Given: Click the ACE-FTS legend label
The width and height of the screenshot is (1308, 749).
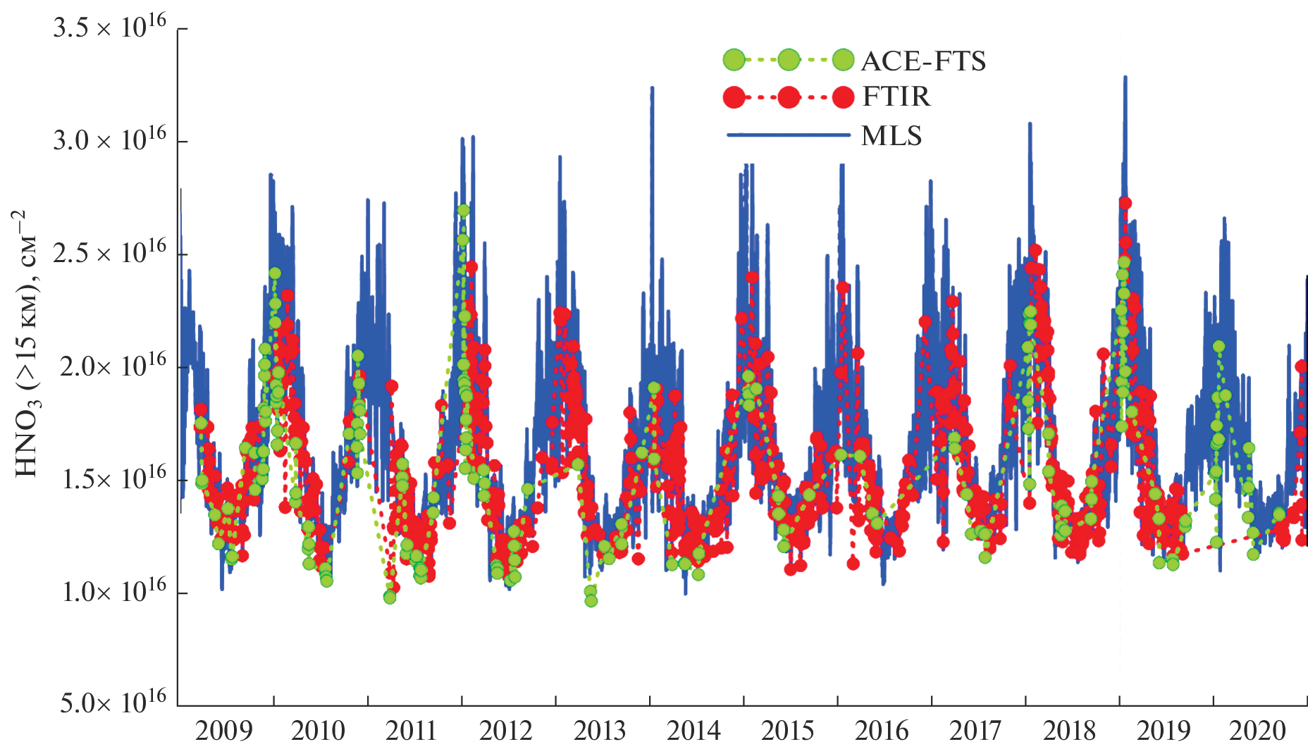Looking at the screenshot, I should pos(923,61).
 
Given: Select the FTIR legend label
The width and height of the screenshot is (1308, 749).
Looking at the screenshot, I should pos(896,97).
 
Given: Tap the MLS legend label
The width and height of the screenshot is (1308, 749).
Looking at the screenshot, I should pos(891,135).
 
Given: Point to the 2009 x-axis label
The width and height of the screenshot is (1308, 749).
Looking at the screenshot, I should pos(223,731).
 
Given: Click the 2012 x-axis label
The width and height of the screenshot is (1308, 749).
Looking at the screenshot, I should pos(506,731).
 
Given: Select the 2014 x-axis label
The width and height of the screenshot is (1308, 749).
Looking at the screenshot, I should pos(694,731).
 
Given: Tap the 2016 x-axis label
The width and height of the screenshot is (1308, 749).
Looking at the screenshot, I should pos(882,731).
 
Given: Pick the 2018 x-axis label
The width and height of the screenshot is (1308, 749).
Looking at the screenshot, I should pos(1070,731).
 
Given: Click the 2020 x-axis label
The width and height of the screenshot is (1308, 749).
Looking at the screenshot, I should pos(1258,731).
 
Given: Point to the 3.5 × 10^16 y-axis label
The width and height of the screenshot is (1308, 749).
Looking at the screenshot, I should pos(110,28).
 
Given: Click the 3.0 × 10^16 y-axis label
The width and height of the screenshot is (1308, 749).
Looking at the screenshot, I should pos(110,141).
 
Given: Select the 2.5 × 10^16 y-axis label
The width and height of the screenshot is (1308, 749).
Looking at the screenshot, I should pos(110,254).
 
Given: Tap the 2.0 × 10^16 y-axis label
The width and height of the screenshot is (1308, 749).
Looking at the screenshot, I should pos(113,366).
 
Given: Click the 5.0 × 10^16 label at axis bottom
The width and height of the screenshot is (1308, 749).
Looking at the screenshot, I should pos(113,703).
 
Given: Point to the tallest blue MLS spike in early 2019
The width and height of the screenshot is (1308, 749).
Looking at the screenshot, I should pos(1125,78).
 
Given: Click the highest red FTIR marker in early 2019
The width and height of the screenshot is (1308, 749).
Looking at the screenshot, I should pos(1125,203).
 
